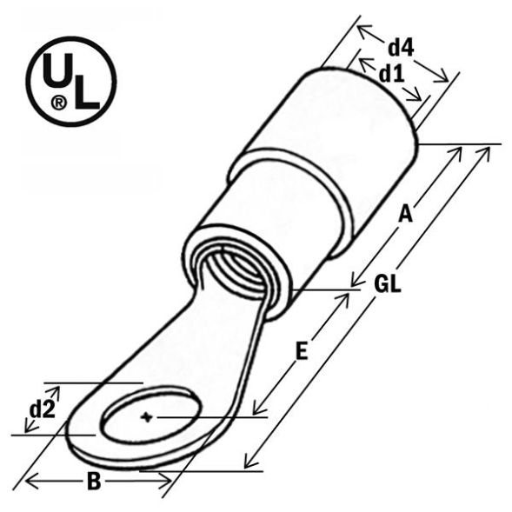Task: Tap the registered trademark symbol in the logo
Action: [x=58, y=103]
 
